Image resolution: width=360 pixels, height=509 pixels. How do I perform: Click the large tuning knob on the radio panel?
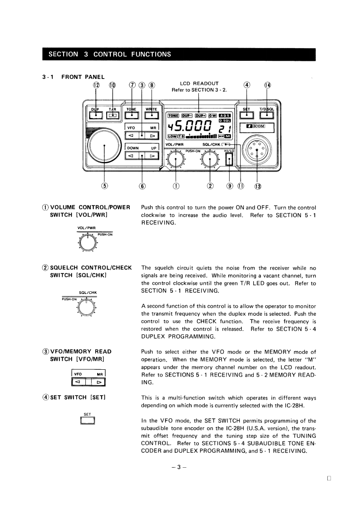105,145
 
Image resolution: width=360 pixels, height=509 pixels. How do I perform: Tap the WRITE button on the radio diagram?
151,115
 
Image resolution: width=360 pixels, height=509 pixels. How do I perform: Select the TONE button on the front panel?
132,115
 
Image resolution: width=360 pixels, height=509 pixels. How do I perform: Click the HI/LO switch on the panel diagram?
229,159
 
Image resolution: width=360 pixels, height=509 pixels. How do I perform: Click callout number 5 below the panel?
105,185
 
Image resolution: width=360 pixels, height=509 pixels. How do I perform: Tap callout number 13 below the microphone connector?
258,186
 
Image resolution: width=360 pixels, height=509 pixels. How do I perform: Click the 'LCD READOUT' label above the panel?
199,83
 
